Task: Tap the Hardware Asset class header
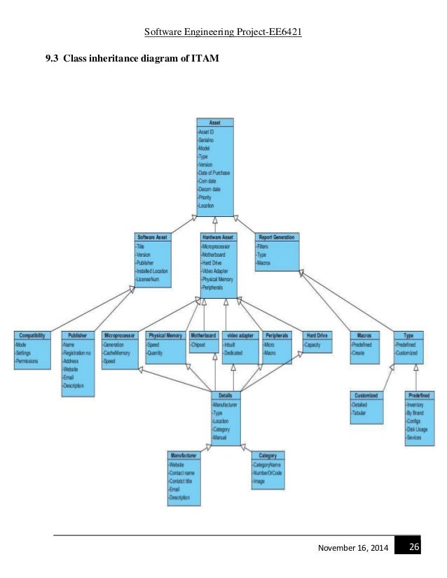click(219, 237)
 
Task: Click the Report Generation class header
click(277, 237)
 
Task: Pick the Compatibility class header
click(32, 334)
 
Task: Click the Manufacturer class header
click(184, 455)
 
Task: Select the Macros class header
click(364, 334)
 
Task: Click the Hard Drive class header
click(317, 334)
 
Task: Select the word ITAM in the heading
click(205, 58)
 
